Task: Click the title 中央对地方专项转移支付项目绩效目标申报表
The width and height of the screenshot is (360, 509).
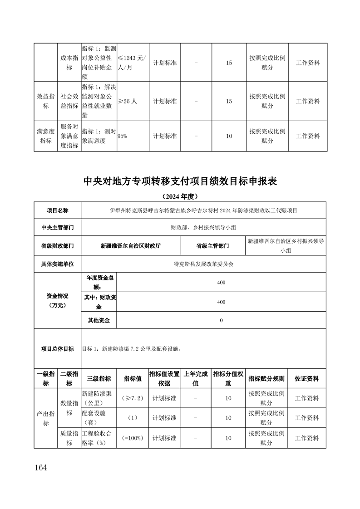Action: [180, 181]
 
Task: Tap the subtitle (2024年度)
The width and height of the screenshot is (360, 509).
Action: [180, 196]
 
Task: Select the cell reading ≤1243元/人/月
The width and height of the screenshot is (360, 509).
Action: [132, 63]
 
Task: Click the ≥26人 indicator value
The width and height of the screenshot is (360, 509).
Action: [128, 101]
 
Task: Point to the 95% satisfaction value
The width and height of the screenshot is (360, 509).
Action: [122, 136]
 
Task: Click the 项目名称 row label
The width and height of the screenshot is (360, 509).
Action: [57, 210]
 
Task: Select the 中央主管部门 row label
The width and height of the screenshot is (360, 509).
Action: [57, 227]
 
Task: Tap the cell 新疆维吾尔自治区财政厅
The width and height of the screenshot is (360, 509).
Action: [130, 245]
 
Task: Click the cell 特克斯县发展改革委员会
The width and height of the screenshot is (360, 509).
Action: [203, 264]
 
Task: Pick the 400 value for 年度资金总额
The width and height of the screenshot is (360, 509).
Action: [221, 282]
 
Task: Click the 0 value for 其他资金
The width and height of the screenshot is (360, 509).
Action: [221, 320]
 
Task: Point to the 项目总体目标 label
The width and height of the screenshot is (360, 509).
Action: [57, 349]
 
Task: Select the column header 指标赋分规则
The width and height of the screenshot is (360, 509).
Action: [267, 378]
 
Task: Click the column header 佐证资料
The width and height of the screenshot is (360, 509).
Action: [307, 378]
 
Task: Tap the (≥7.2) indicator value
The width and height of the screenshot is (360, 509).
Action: [133, 398]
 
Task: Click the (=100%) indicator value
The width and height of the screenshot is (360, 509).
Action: [133, 438]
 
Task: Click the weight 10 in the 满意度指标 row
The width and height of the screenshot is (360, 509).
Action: [229, 136]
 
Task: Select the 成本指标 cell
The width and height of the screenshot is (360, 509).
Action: [69, 63]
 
